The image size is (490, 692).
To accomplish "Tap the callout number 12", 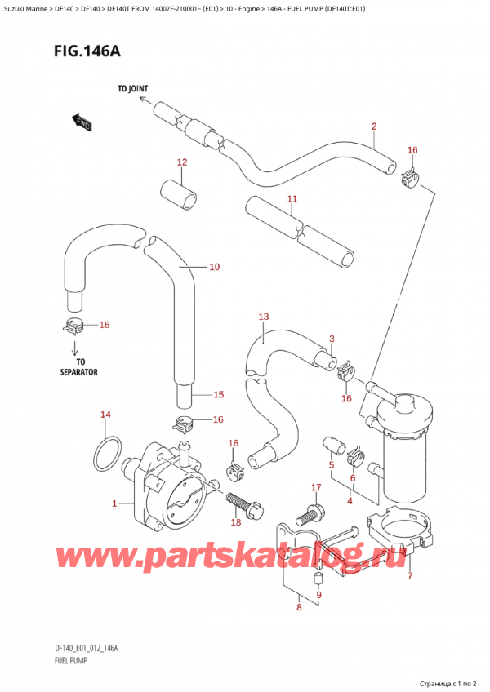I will [181, 162].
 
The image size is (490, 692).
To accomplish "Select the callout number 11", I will [292, 199].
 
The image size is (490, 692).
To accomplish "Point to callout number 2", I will [373, 126].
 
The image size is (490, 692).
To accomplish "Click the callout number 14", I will [105, 415].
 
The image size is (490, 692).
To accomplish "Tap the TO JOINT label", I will [132, 89].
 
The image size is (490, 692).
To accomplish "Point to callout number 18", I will [236, 521].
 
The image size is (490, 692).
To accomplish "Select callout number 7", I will [410, 575].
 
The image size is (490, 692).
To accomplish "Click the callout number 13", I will [263, 317].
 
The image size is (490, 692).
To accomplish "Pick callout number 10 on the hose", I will [215, 266].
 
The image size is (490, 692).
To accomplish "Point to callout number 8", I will [300, 606].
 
